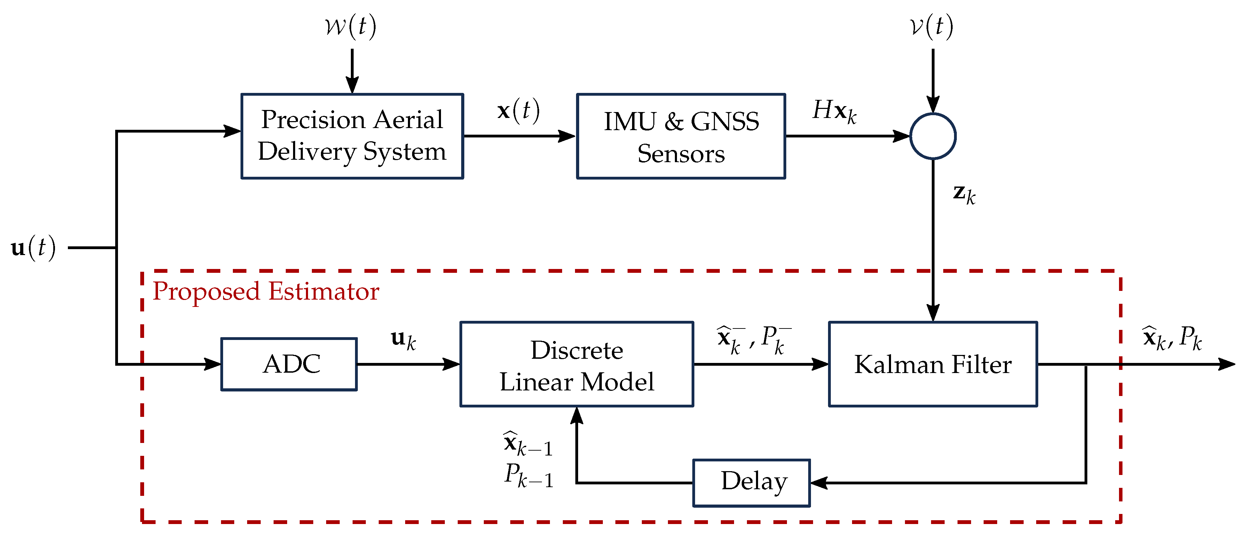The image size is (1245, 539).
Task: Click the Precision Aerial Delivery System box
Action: click(352, 136)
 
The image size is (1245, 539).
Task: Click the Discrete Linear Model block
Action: click(577, 365)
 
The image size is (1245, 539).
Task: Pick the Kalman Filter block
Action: click(933, 365)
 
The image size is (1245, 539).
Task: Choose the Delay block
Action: click(751, 483)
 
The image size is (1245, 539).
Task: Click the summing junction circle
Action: click(933, 136)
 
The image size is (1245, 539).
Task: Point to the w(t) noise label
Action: click(350, 26)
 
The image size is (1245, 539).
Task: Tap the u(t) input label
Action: click(33, 248)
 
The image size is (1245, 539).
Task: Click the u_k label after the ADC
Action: click(403, 340)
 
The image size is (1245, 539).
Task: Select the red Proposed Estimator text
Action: click(266, 291)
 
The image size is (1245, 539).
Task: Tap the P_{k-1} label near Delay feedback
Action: click(529, 475)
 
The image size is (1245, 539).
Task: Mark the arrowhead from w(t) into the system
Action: click(352, 86)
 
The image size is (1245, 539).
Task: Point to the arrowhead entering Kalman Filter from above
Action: click(933, 313)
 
